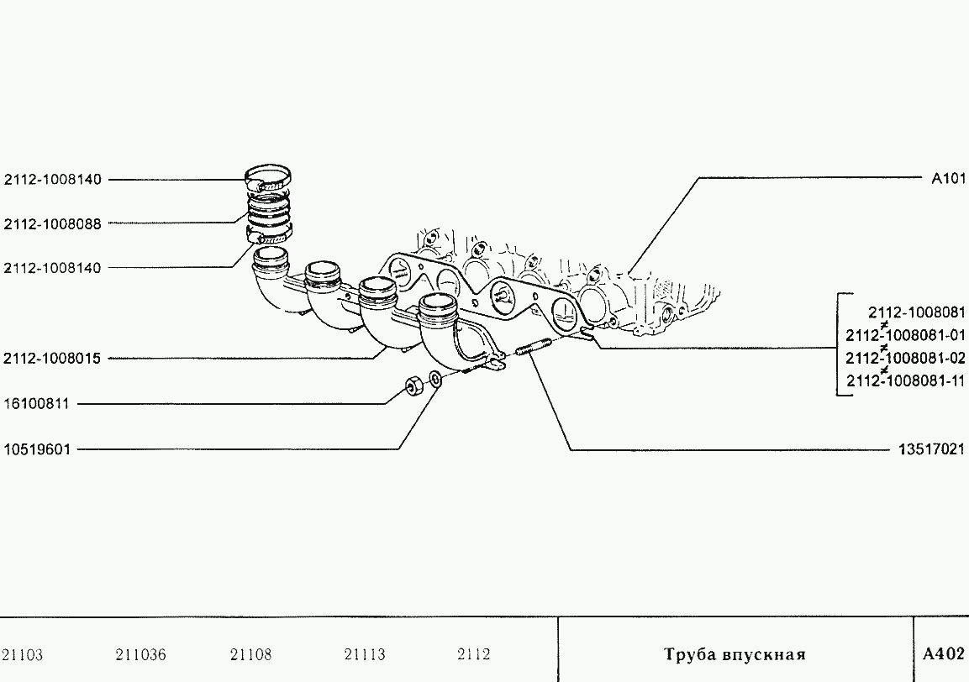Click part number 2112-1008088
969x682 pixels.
point(53,223)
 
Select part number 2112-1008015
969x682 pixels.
point(52,359)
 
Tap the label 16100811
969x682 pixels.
point(37,404)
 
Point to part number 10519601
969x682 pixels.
point(37,449)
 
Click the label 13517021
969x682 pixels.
point(931,449)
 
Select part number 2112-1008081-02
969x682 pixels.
point(905,358)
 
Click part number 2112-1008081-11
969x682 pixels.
point(905,380)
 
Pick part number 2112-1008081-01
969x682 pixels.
point(905,335)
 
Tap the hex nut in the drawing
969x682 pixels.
point(412,386)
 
